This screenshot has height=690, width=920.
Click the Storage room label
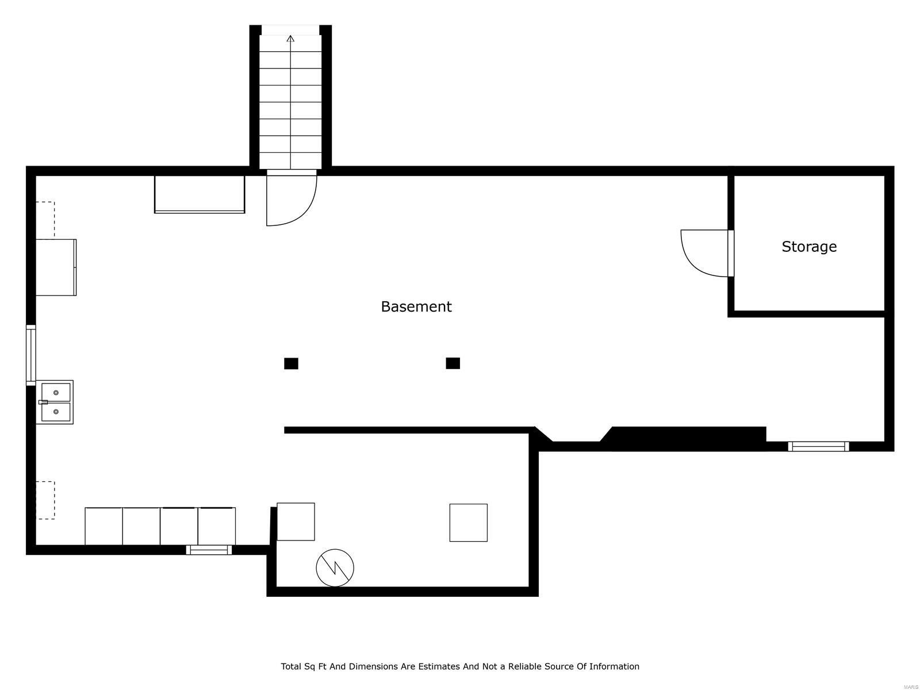coord(808,247)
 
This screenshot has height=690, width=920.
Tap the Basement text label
coord(416,306)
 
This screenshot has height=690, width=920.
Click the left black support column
coord(291,363)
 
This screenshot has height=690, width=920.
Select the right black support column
coord(453,363)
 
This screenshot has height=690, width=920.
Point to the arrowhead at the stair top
coord(290,39)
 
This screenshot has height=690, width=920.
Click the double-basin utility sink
coord(55,402)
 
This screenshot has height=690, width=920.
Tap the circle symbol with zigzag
coord(335,568)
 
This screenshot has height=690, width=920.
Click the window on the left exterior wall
coord(30,355)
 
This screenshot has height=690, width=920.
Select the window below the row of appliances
coord(209,550)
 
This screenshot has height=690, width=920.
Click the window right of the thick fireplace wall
coord(818,446)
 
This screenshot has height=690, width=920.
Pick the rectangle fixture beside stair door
coord(200,194)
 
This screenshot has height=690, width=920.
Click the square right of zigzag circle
coord(468,523)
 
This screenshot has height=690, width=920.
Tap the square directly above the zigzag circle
coord(296,522)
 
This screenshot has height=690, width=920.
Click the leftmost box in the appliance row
coord(103,526)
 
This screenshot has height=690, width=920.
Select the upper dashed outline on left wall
coord(45,219)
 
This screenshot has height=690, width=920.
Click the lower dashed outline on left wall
coord(45,500)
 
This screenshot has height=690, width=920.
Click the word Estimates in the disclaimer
coord(438,666)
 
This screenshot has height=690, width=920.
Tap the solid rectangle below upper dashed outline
coord(56,267)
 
